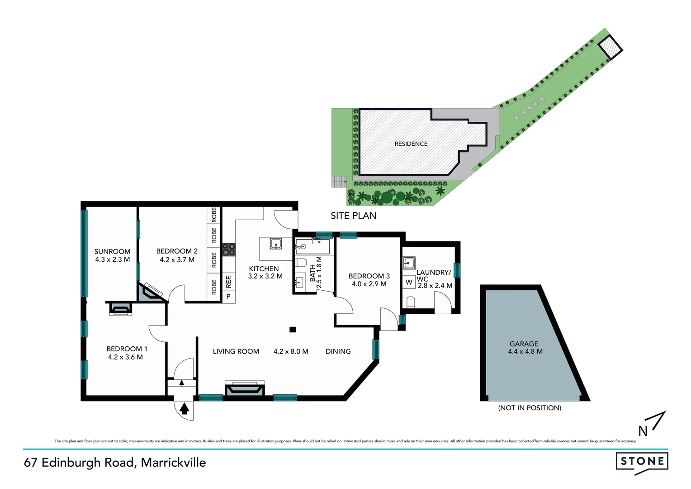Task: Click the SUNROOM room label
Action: coord(112,251)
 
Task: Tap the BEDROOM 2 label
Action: coord(177,251)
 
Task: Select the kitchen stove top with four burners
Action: coord(229,249)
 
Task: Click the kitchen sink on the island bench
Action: coord(276,244)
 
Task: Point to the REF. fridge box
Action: coord(228,281)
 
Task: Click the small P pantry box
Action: coord(228,297)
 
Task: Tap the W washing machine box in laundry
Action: coord(409,282)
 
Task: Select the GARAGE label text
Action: coord(524,344)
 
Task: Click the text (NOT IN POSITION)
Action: coord(530,408)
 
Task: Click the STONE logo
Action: coord(642,462)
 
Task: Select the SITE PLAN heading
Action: coord(353,216)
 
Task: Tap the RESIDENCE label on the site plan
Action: coord(411,144)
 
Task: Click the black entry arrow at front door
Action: coord(184,409)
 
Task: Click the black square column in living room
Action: coord(293,330)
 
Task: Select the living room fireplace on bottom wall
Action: coord(245,390)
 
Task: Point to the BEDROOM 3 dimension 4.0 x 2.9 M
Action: coord(369,284)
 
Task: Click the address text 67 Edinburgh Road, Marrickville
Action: coord(115,462)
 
